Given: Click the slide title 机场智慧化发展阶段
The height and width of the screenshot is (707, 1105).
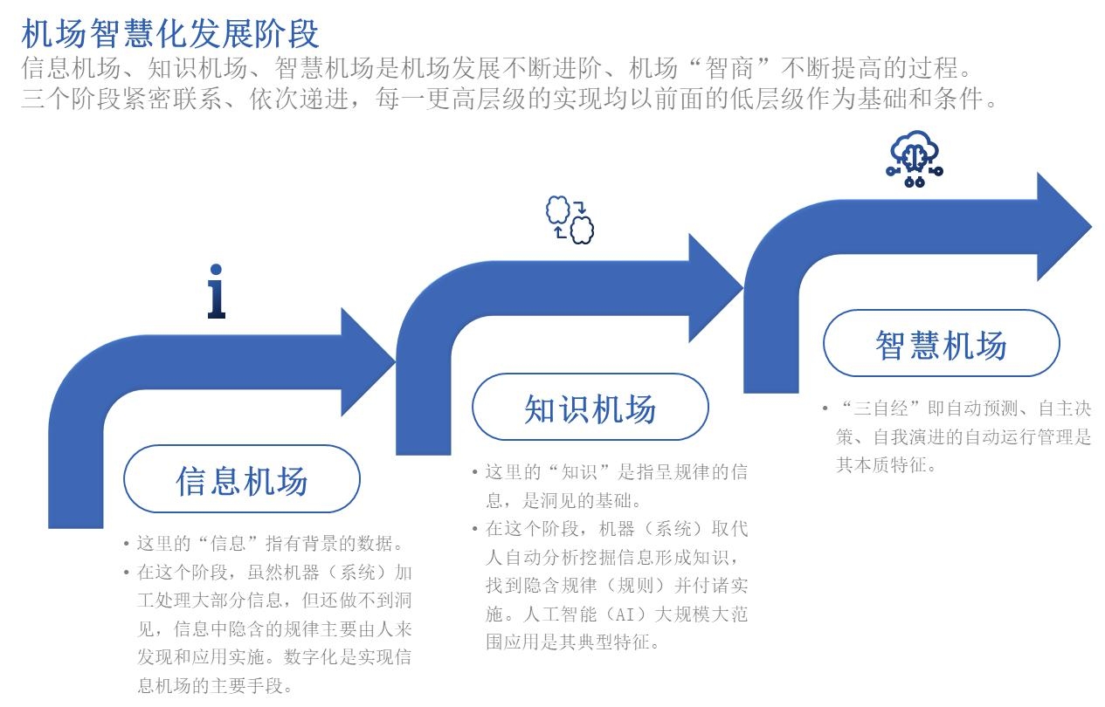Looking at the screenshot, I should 170,34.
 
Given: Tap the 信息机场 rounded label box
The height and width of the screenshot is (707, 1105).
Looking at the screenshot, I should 242,480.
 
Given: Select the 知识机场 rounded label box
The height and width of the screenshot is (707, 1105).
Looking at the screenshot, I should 590,408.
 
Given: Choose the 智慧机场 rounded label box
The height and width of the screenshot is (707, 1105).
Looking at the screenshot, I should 941,344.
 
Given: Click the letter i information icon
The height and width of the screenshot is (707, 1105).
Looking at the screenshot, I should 217,292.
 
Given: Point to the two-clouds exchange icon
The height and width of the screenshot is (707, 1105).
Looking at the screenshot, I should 570,220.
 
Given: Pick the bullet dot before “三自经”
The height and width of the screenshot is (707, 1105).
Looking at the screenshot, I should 825,408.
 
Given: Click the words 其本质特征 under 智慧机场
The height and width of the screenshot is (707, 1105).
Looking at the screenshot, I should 875,465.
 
